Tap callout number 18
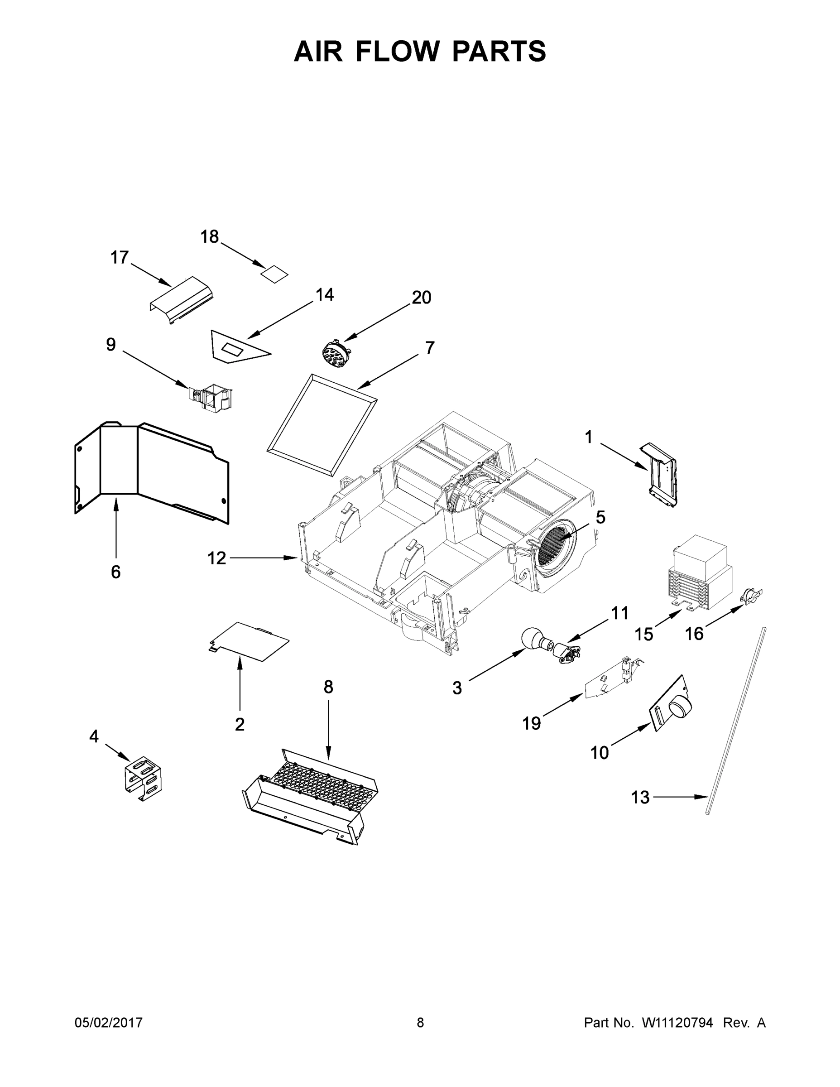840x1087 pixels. pyautogui.click(x=210, y=237)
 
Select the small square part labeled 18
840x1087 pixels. pyautogui.click(x=275, y=274)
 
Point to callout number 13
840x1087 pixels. pyautogui.click(x=640, y=797)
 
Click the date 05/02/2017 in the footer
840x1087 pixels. pyautogui.click(x=109, y=1023)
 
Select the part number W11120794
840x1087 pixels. pyautogui.click(x=677, y=1023)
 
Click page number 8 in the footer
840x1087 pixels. pyautogui.click(x=420, y=1023)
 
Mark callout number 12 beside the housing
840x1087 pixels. pyautogui.click(x=216, y=558)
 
